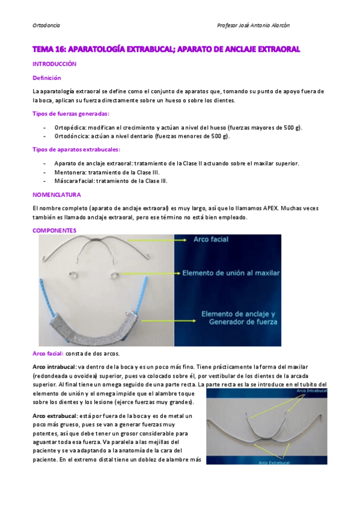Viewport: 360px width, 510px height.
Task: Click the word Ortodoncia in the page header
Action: pyautogui.click(x=46, y=25)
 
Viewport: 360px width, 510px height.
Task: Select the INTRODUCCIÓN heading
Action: pyautogui.click(x=55, y=63)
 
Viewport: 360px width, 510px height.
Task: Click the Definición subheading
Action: pyautogui.click(x=46, y=78)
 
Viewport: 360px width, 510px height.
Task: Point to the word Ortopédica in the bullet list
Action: pyautogui.click(x=71, y=127)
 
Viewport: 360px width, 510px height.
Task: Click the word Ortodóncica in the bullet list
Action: pyautogui.click(x=72, y=136)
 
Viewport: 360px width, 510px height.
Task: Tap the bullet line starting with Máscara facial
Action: pyautogui.click(x=111, y=180)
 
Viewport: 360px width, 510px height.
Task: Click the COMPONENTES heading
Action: pyautogui.click(x=54, y=230)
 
